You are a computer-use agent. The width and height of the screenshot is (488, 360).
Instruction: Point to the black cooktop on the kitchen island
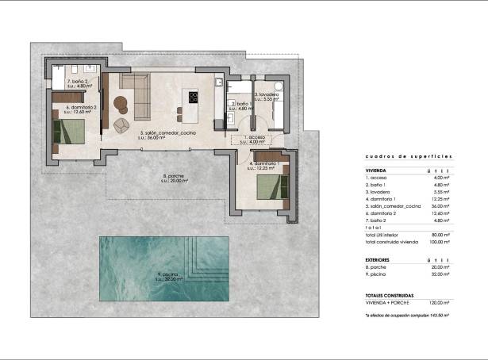tap(193, 98)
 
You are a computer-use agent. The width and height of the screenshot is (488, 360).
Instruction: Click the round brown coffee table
tap(121, 102)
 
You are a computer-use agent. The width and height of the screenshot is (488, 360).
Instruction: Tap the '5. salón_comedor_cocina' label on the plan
tap(167, 132)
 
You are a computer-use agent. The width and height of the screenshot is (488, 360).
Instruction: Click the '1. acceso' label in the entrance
tap(256, 137)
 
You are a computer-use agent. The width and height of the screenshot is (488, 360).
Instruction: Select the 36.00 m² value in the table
tap(440, 205)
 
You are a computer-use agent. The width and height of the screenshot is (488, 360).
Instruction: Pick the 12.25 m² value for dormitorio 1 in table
tap(440, 198)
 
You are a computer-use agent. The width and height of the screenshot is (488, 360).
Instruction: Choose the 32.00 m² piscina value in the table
tap(440, 274)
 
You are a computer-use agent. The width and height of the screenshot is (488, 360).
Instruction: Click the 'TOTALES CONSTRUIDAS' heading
tap(390, 295)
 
